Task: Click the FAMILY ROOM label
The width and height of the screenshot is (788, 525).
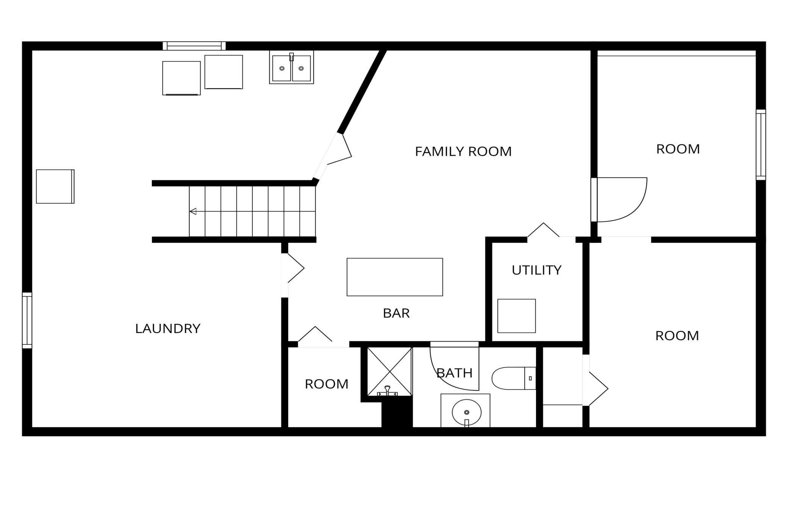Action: click(463, 152)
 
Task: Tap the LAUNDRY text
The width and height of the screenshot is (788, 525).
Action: click(168, 328)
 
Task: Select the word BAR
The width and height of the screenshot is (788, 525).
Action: click(396, 313)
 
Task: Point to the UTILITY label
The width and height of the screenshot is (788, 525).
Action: click(536, 270)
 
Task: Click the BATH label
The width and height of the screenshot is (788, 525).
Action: click(455, 373)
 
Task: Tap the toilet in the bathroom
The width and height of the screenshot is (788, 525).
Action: click(514, 378)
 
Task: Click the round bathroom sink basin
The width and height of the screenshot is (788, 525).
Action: click(466, 412)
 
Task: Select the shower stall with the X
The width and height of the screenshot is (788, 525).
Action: click(389, 372)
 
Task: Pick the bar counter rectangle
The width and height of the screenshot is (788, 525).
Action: click(395, 277)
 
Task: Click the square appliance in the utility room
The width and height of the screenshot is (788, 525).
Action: click(516, 316)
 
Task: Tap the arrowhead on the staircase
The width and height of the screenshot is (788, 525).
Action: click(193, 211)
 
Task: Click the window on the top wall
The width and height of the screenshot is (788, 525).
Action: click(194, 46)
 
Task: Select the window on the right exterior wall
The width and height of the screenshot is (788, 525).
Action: click(761, 145)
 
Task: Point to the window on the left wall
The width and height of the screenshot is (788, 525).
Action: click(27, 320)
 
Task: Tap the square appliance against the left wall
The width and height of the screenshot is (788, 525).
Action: click(55, 186)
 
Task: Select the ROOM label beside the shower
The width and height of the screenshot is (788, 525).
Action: click(327, 384)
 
